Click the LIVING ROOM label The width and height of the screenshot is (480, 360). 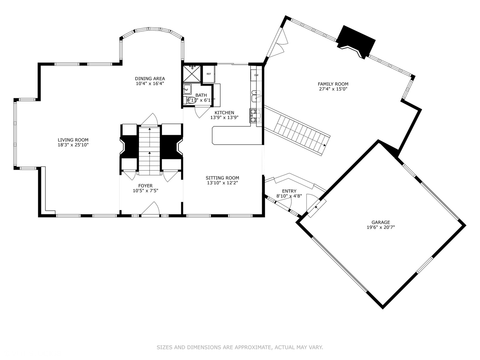pyautogui.click(x=73, y=140)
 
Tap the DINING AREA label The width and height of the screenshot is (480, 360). pyautogui.click(x=150, y=79)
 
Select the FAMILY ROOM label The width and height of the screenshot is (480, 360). pyautogui.click(x=333, y=84)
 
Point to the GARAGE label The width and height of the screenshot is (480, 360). pyautogui.click(x=381, y=222)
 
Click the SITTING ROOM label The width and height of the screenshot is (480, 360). pyautogui.click(x=222, y=178)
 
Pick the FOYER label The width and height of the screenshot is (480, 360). pyautogui.click(x=145, y=186)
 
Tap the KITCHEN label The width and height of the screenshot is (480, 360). pyautogui.click(x=224, y=113)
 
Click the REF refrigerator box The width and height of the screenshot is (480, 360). pyautogui.click(x=209, y=74)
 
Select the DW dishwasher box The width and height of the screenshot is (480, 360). pyautogui.click(x=256, y=75)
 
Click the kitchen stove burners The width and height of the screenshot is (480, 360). pyautogui.click(x=255, y=116)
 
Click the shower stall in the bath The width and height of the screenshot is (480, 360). pyautogui.click(x=192, y=74)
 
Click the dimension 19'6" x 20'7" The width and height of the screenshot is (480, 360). pyautogui.click(x=381, y=227)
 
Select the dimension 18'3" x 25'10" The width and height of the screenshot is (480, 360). pyautogui.click(x=73, y=145)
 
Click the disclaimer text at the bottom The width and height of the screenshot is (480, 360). pyautogui.click(x=240, y=347)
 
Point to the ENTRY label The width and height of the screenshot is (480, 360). pyautogui.click(x=289, y=191)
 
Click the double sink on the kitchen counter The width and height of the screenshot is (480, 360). pyautogui.click(x=256, y=96)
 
